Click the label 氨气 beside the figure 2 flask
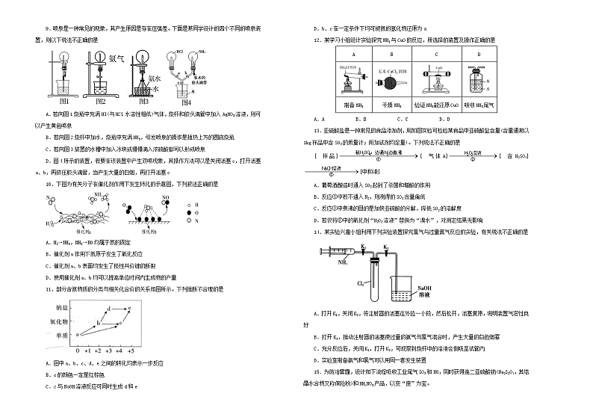point(116,57)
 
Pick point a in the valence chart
point(77,335)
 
